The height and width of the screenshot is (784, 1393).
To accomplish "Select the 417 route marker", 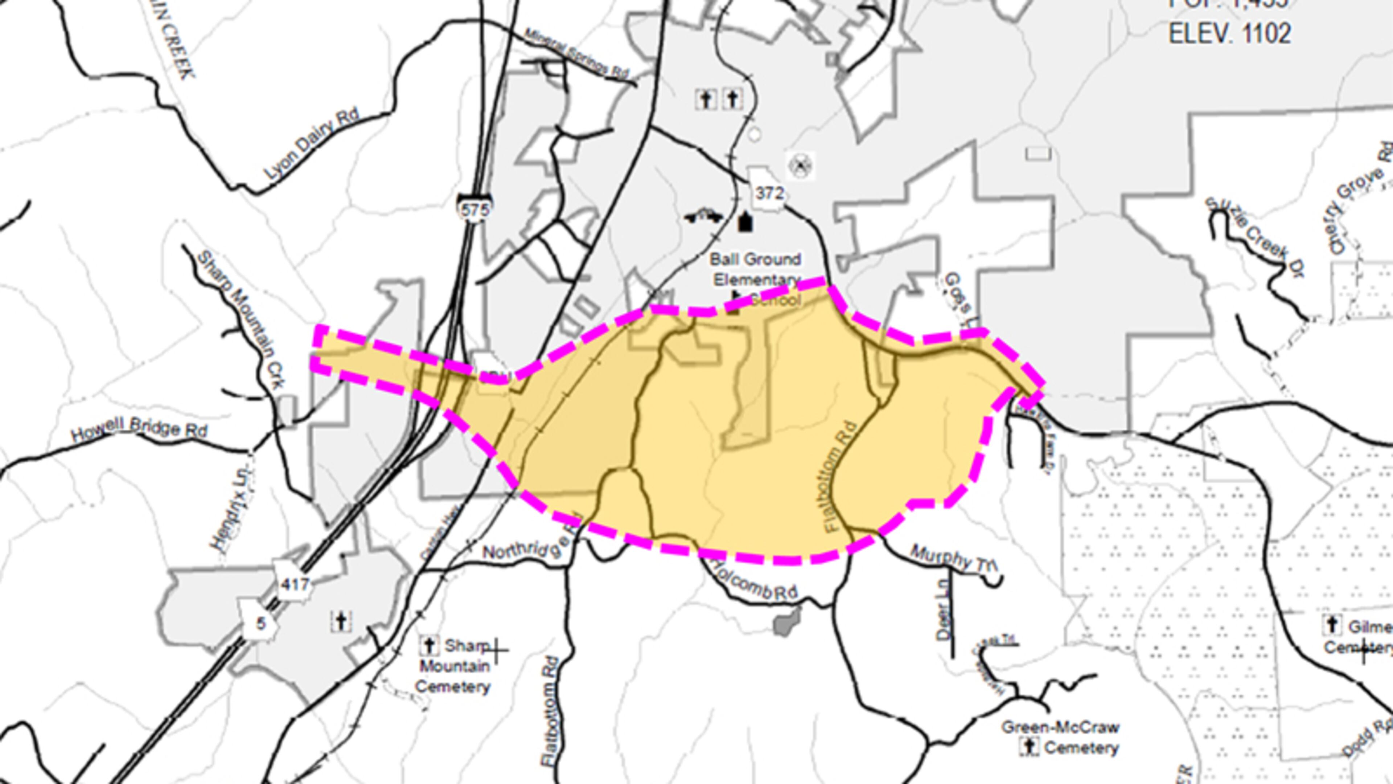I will point(295,583).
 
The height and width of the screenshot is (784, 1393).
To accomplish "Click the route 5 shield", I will point(261,624).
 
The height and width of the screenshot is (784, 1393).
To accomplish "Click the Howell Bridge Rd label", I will point(139,430).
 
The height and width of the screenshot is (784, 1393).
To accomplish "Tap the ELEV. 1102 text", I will point(1230,33).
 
